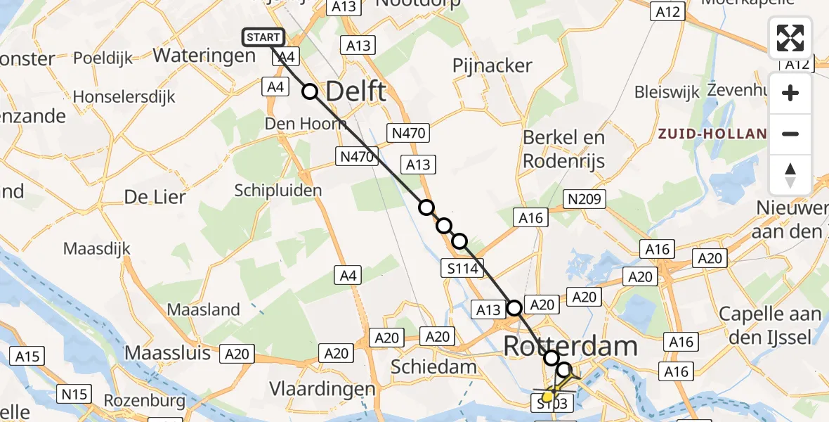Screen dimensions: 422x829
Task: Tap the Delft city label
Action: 356,91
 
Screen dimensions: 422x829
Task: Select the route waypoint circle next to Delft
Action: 310,91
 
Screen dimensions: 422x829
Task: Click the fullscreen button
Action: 790,38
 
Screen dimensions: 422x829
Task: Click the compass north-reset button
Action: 790,175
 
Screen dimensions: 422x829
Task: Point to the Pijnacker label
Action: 492,66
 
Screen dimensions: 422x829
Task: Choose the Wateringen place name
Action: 204,56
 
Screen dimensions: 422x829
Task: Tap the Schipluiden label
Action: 278,191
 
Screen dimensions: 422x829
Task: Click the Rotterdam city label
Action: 570,346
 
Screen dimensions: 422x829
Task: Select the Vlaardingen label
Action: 322,389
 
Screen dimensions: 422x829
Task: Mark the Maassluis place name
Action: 167,352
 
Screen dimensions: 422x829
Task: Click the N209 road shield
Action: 585,200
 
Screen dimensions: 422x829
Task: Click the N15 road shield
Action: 74,395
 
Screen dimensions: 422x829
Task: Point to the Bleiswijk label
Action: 667,92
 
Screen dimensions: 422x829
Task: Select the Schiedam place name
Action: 433,366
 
